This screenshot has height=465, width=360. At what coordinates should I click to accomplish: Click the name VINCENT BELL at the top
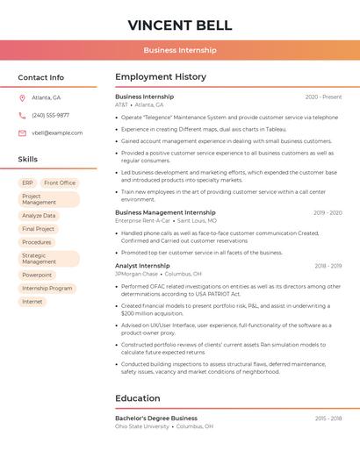pos(180,25)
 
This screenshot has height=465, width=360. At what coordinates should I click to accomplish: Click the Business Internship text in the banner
pos(180,50)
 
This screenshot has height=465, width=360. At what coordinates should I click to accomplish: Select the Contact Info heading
pos(41,77)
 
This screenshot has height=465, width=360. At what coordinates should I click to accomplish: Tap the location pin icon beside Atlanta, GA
pos(22,97)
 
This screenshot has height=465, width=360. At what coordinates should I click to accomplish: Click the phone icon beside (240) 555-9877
pos(22,115)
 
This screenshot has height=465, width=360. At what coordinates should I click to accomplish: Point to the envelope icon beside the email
pos(22,132)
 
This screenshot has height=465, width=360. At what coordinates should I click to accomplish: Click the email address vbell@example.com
pos(57,132)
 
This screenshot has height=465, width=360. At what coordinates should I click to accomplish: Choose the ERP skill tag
pos(27,182)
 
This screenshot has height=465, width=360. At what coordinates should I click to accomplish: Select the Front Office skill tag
pos(60,182)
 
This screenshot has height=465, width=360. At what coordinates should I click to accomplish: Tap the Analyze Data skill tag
pos(39,215)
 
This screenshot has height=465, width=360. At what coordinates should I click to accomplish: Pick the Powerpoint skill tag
pos(37,275)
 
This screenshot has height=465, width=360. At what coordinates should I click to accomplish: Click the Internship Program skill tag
pos(47,288)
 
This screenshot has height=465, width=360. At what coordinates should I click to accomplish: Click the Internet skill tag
pos(32,301)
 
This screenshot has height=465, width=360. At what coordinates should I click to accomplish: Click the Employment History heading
pos(161,77)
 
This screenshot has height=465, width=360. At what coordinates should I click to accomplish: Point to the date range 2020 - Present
pos(324,97)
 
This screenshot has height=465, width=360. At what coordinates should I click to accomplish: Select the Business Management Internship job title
pos(165,212)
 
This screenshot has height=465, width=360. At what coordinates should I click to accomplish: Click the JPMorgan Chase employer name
pos(136,274)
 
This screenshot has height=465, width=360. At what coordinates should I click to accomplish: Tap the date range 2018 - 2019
pos(328,266)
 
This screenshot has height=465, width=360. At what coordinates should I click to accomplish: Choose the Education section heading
pos(137,398)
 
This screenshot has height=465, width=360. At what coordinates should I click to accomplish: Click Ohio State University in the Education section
pos(142,426)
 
